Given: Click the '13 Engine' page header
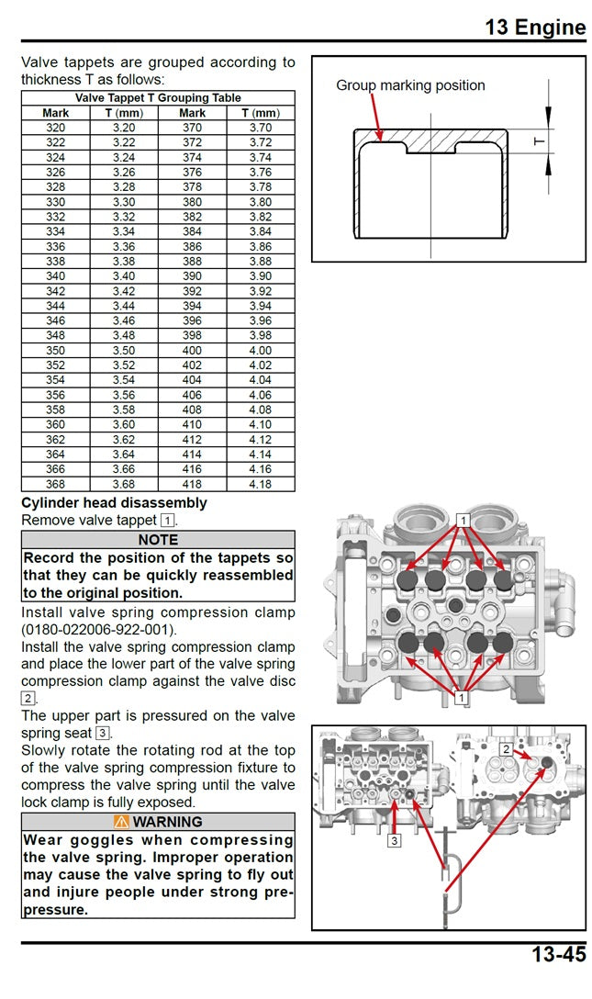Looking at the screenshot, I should pos(535,27).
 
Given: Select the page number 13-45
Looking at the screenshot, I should pos(558,954).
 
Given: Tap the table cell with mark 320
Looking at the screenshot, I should pos(55,128).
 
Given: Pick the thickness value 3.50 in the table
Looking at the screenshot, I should pos(124,351).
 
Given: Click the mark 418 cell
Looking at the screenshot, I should pos(192,484).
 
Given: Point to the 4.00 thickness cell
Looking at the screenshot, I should pos(261,351).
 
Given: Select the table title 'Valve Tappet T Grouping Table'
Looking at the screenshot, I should pos(158,97).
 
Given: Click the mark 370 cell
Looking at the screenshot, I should pos(192,128).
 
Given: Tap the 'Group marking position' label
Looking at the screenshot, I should pos(410,85).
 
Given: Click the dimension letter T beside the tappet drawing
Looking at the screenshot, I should pos(539,140).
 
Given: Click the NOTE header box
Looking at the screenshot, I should pos(158,540).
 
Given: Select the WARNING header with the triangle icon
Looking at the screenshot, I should pos(158,822).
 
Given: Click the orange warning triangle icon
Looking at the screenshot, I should pos(121,822).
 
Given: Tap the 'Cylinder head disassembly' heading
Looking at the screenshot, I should pos(114,503).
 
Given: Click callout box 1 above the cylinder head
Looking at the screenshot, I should pos(464,520).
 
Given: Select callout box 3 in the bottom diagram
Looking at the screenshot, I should pos(394,839).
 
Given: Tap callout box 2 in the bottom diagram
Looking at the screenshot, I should pos(506,749).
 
